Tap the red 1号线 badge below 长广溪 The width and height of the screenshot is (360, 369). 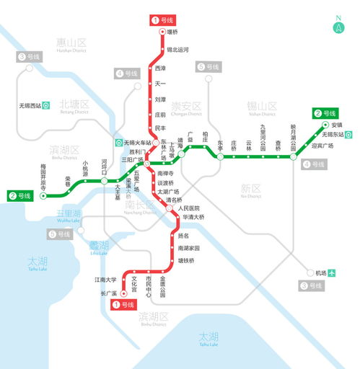point(123,305)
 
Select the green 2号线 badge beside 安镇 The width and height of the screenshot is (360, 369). point(325,113)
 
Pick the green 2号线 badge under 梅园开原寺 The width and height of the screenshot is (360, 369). point(21,195)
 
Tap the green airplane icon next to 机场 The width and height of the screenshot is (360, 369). point(333,273)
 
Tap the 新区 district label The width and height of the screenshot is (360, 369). point(250,190)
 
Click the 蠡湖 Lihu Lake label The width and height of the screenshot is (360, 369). point(99,247)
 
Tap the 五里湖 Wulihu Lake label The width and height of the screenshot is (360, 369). point(69,215)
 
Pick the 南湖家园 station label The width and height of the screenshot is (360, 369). point(189,248)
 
